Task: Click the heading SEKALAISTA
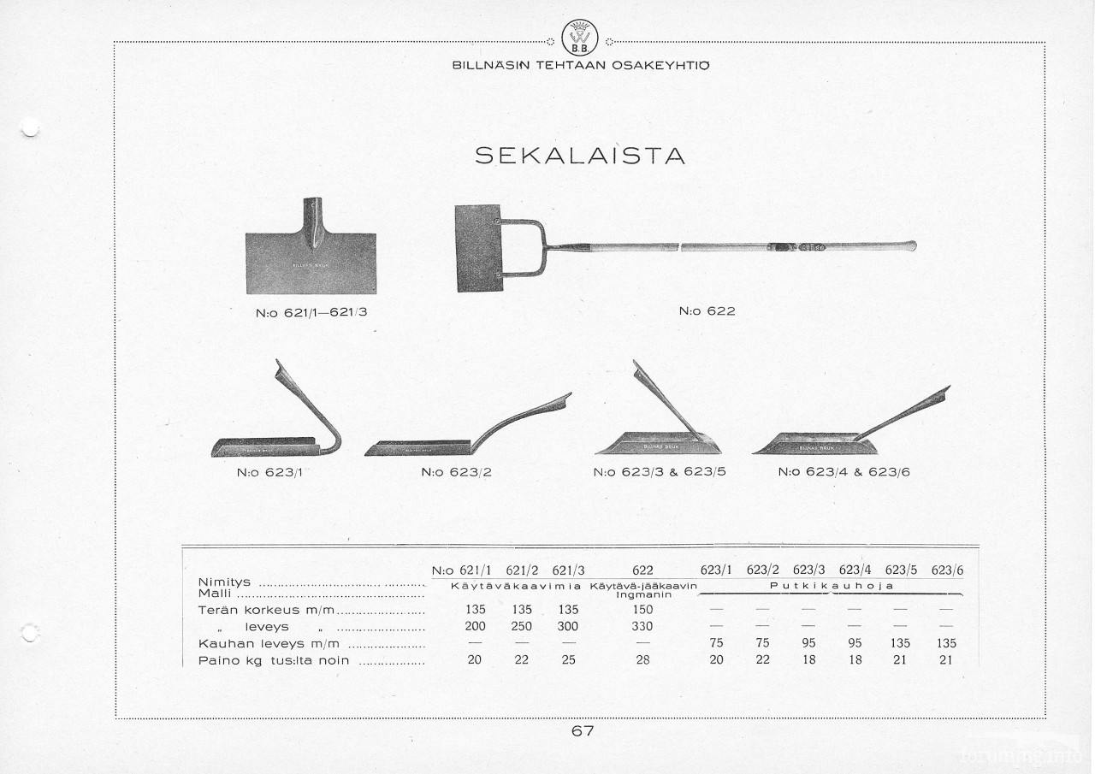pyautogui.click(x=580, y=156)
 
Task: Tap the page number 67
pyautogui.click(x=583, y=730)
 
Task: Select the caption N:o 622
pyautogui.click(x=707, y=311)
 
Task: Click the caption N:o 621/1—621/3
pyautogui.click(x=311, y=312)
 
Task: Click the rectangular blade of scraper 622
pyautogui.click(x=479, y=249)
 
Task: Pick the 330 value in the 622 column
pyautogui.click(x=642, y=626)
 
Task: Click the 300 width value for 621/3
pyautogui.click(x=568, y=626)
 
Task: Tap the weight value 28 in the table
pyautogui.click(x=642, y=659)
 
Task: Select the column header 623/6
pyautogui.click(x=947, y=570)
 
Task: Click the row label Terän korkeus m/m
pyautogui.click(x=269, y=611)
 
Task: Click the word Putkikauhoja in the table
pyautogui.click(x=832, y=586)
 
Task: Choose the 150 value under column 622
pyautogui.click(x=642, y=610)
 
